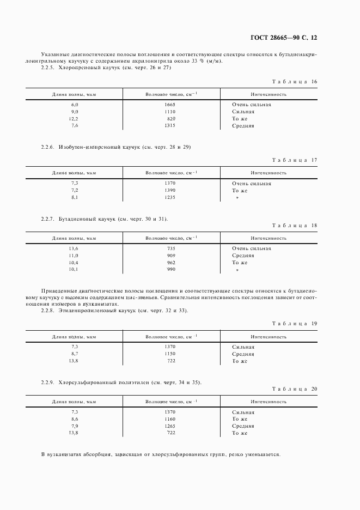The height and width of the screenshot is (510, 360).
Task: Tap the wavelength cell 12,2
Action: [74, 119]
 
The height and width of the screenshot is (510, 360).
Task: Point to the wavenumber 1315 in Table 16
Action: [171, 126]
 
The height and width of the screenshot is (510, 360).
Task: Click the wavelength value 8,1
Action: [75, 198]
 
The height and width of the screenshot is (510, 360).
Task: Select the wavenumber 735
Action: [171, 248]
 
